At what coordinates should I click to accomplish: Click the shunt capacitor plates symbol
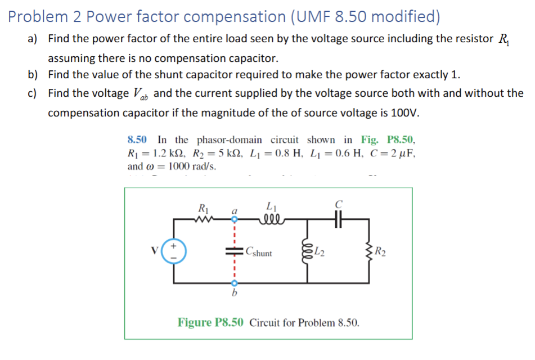pyautogui.click(x=231, y=252)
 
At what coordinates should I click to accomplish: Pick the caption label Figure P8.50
pyautogui.click(x=211, y=322)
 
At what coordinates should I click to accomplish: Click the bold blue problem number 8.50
pyautogui.click(x=137, y=139)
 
